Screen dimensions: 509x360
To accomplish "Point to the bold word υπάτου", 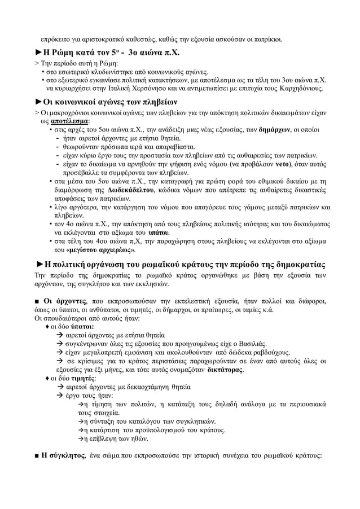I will point(159,232).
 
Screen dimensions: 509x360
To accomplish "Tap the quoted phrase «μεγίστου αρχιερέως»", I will point(94,249).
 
